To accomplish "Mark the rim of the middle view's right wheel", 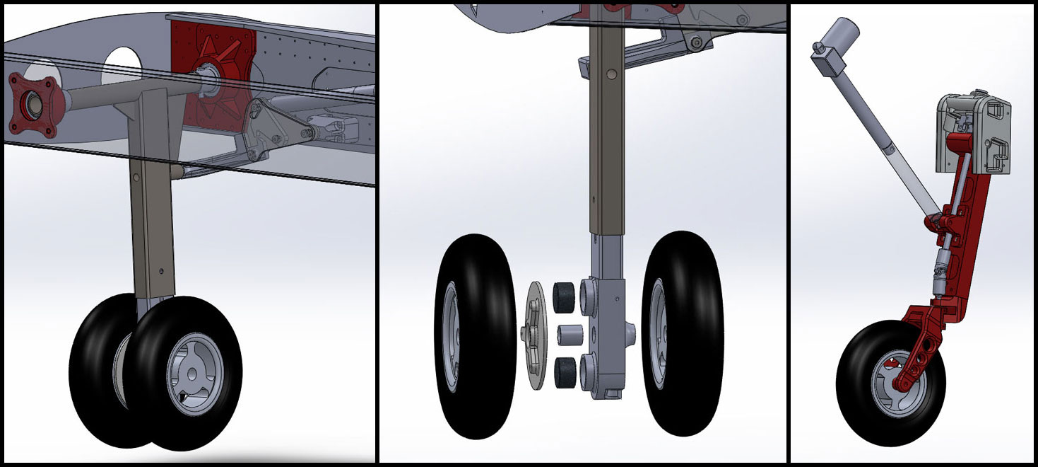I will [661, 333].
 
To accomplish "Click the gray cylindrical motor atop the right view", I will [844, 36].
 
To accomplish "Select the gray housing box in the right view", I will [974, 134].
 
